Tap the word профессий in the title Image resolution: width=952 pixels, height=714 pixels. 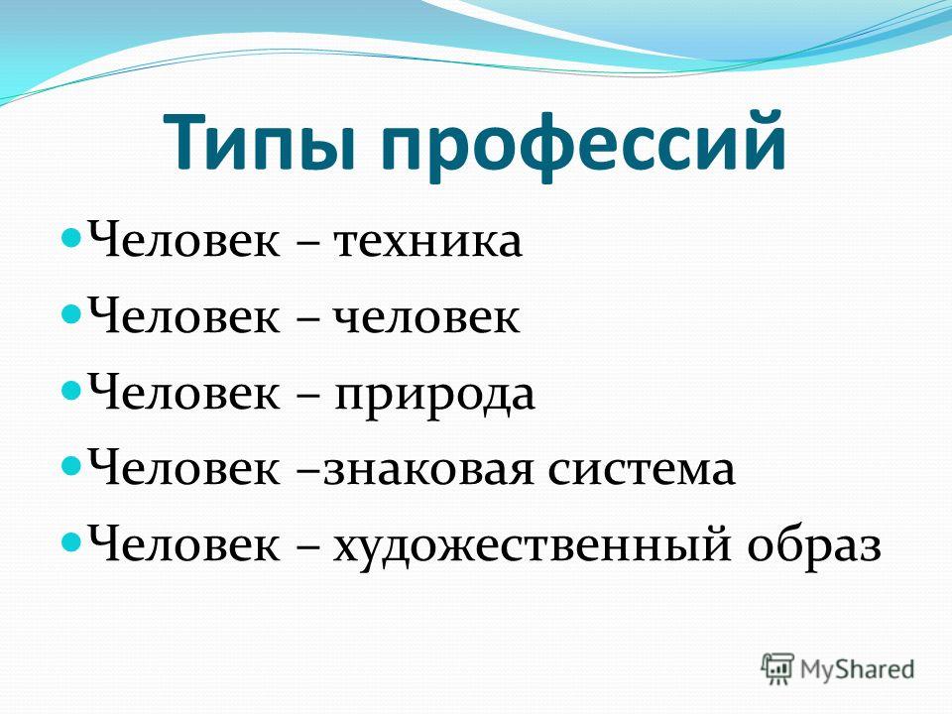coord(583,146)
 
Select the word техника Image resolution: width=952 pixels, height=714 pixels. coord(426,242)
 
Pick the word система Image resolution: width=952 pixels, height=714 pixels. coord(642,470)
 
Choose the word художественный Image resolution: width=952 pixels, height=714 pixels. coord(531,545)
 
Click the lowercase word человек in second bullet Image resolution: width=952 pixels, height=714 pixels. coord(426,317)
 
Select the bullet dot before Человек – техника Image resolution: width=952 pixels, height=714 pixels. coord(71,236)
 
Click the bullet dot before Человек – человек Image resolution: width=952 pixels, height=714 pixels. coord(71,313)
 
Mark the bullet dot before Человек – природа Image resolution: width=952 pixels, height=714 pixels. coord(71,389)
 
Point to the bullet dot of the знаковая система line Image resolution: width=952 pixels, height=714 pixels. coord(71,465)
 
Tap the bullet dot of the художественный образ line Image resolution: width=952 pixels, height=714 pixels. coord(71,539)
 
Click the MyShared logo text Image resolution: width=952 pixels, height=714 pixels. coord(857,669)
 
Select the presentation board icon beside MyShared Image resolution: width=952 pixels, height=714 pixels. coord(777,668)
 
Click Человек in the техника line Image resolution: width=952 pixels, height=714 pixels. coord(184,239)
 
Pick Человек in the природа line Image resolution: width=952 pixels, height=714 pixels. coord(184,392)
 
